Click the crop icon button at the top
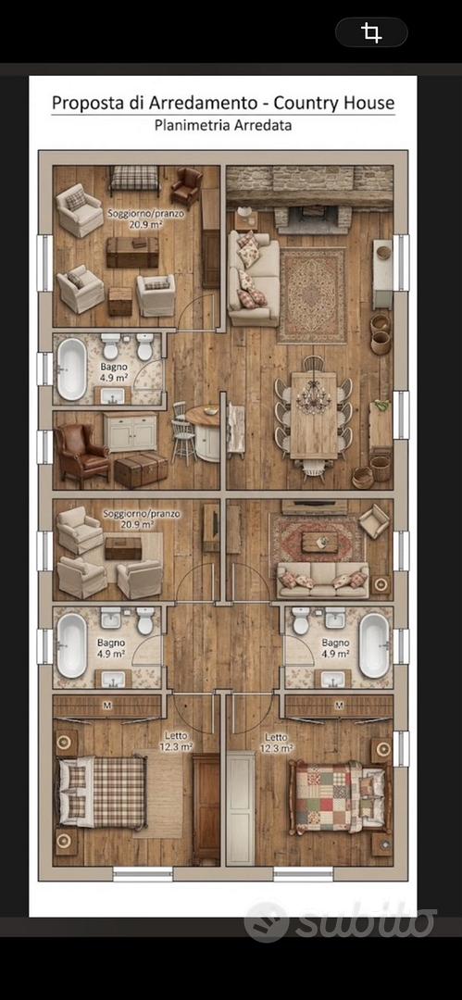pos(371,31)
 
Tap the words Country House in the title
pos(341,103)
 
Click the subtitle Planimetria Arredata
pos(223,125)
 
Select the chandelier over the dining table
pos(313,397)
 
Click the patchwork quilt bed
pos(337,796)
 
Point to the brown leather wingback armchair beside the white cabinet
pos(81,452)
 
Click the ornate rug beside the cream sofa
pos(312,294)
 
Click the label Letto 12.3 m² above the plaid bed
pos(176,741)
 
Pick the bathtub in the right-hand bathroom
pos(374,645)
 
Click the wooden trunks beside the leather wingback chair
pos(141,470)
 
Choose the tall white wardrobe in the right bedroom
pos(241,807)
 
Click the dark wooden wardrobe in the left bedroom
pos(206,807)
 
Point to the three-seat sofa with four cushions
pos(323,579)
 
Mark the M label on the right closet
pos(339,706)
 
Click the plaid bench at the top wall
pos(134,179)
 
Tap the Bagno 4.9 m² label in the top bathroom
pos(114,372)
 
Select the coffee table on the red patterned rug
pos(319,543)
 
